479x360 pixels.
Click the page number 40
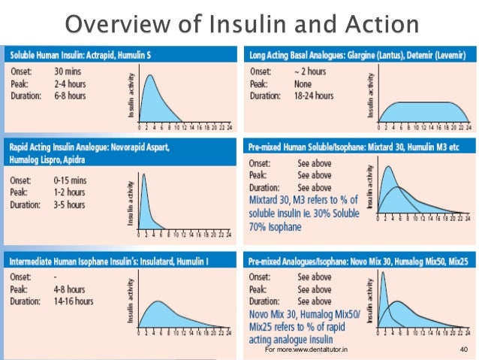[x=462, y=350]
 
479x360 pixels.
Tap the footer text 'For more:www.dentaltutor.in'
[x=306, y=350]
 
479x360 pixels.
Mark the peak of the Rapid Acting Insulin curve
[x=145, y=177]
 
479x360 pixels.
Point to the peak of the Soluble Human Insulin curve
[x=151, y=75]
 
